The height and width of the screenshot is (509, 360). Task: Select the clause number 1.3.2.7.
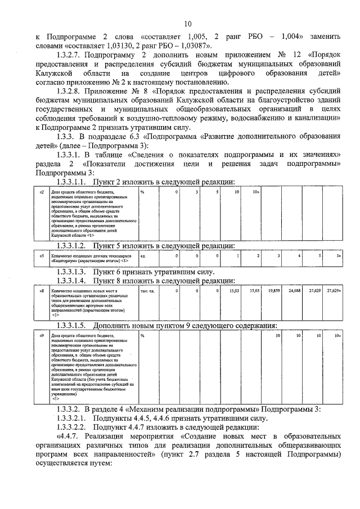[74, 57]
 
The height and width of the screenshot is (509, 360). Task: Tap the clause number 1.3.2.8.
[74, 91]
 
